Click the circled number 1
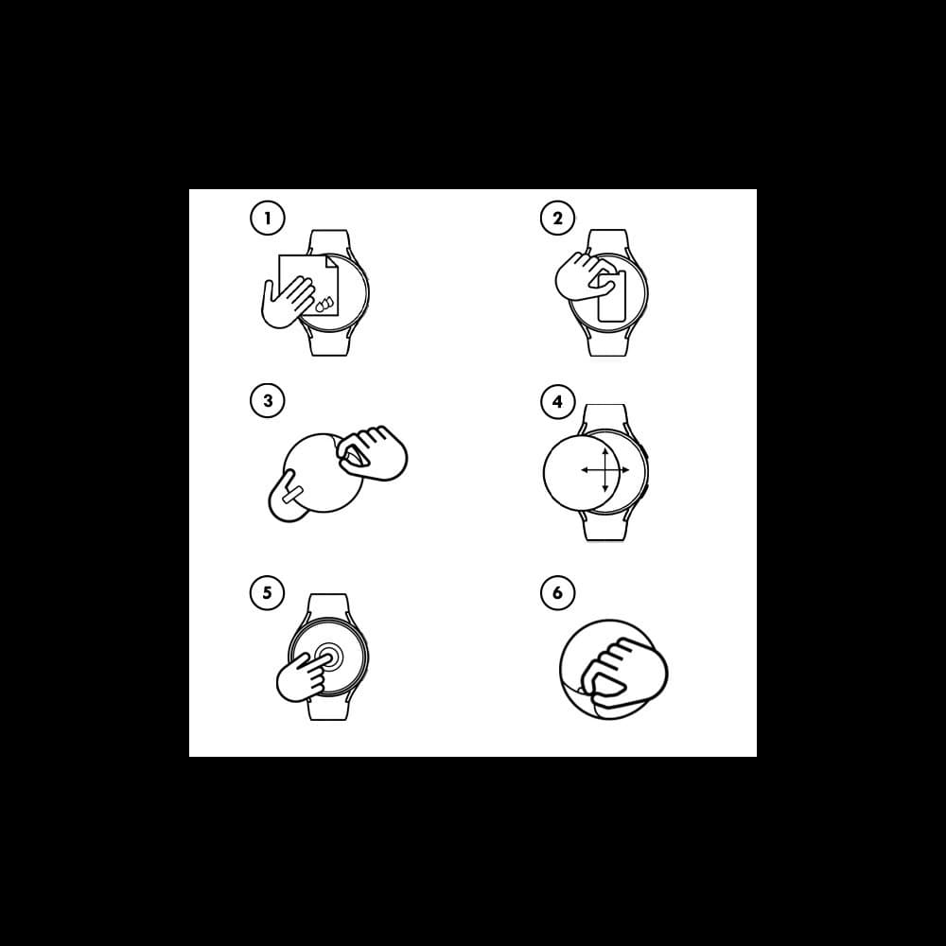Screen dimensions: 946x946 coord(268,218)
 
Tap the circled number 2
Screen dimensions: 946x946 coord(557,218)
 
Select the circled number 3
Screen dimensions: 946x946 coord(268,400)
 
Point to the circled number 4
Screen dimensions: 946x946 coord(557,401)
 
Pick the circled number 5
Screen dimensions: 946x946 coord(268,592)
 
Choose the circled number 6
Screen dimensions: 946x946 coord(557,592)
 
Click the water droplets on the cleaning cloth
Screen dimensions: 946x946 coord(324,304)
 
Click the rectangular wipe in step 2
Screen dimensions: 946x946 coord(612,296)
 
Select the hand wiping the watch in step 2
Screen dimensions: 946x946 coord(583,276)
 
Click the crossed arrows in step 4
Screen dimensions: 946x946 coord(605,469)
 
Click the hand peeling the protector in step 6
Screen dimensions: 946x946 coord(622,673)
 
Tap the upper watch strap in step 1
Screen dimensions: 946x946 coord(329,241)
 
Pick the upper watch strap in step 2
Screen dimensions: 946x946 coord(608,241)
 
